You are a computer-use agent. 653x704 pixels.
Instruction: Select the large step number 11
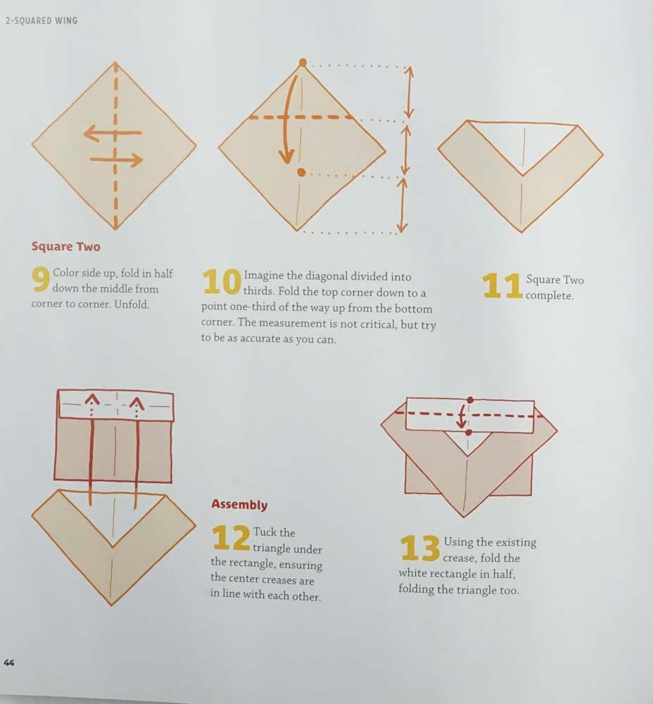[x=502, y=286]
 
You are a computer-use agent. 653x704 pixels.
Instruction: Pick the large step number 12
[x=231, y=539]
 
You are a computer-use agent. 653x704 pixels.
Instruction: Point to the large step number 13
[x=420, y=548]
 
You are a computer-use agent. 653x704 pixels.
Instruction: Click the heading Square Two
[x=66, y=247]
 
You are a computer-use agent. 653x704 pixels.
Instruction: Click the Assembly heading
[x=239, y=505]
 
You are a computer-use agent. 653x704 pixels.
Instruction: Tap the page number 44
[x=10, y=662]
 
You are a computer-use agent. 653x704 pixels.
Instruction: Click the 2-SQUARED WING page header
[x=41, y=20]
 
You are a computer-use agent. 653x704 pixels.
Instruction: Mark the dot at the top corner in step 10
[x=303, y=63]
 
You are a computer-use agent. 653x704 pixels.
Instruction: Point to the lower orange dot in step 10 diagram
[x=301, y=172]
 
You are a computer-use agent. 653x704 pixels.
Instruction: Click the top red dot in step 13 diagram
[x=469, y=400]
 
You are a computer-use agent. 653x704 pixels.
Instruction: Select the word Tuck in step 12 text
[x=265, y=532]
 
